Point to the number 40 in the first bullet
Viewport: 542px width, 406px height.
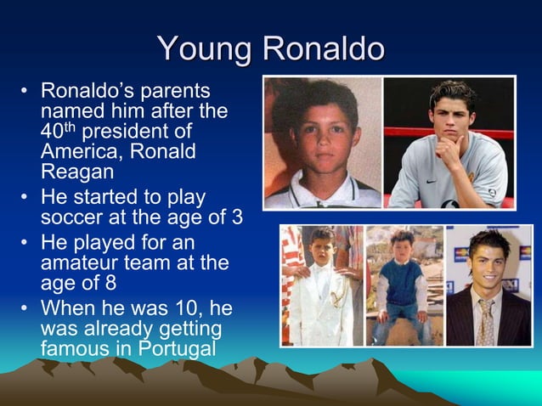pyautogui.click(x=50, y=133)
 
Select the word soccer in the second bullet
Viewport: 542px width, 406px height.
pyautogui.click(x=71, y=217)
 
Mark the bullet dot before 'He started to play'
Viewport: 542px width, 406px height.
pyautogui.click(x=26, y=198)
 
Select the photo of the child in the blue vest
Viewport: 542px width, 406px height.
pyautogui.click(x=404, y=285)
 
